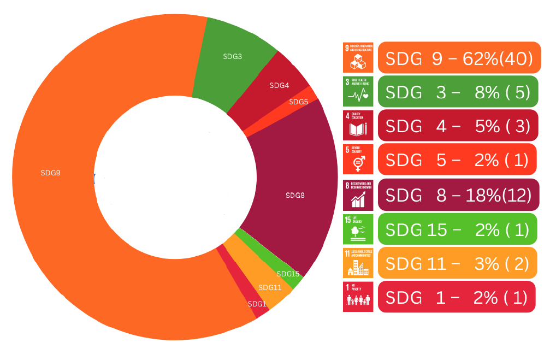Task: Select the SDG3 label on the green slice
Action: [x=233, y=56]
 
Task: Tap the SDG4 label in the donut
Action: [x=279, y=86]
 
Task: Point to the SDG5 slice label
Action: [x=298, y=102]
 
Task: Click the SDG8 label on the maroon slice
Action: [x=295, y=195]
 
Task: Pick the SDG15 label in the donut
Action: [x=288, y=274]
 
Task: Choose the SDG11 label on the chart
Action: [x=270, y=287]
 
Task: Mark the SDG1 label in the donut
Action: [x=257, y=304]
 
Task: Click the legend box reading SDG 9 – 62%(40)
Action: [x=459, y=58]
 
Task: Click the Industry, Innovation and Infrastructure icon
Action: [x=358, y=57]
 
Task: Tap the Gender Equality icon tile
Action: [x=358, y=160]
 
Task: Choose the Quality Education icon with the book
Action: [x=358, y=125]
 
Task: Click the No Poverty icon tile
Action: [x=358, y=297]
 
